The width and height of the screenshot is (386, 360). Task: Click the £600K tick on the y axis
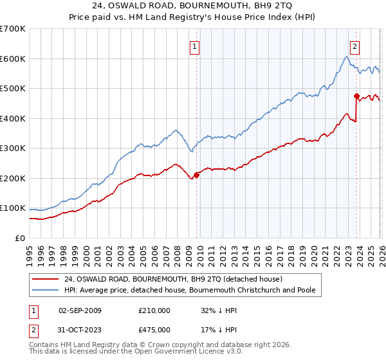pos(13,59)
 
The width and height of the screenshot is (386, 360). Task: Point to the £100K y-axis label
pos(13,208)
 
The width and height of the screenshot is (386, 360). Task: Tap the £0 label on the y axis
pos(19,238)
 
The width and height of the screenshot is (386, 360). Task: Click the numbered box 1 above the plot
pos(194,46)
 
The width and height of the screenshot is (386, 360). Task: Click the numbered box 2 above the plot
pos(354,46)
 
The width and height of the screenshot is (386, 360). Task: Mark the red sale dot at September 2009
pos(197,175)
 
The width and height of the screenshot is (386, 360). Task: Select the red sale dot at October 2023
pos(356,96)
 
